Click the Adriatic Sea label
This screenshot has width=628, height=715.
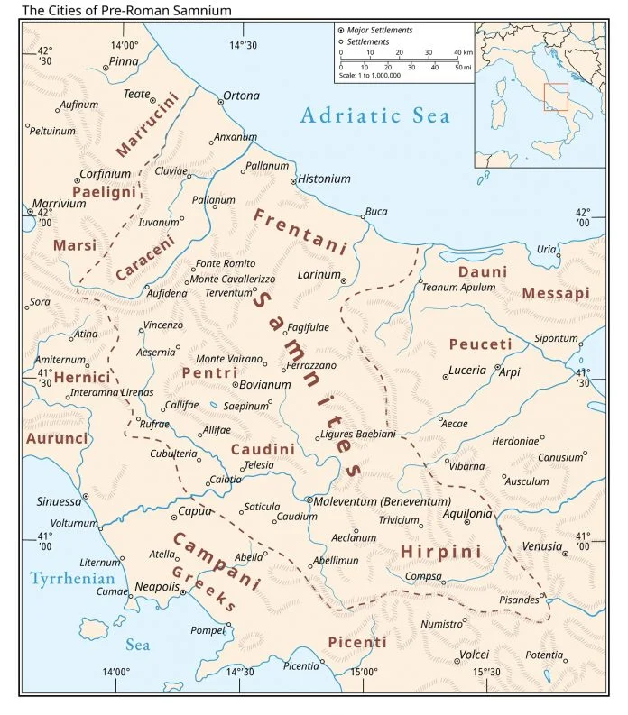(374, 115)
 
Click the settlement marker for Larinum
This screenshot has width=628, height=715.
(344, 280)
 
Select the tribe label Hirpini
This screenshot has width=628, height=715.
(440, 551)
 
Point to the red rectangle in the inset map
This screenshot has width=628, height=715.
(556, 96)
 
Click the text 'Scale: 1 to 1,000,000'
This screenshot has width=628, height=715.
(370, 75)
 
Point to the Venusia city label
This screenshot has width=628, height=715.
(541, 546)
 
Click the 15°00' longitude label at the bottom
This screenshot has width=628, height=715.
(363, 672)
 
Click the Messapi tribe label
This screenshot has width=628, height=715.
(555, 293)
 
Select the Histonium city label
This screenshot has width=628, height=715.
(324, 179)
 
